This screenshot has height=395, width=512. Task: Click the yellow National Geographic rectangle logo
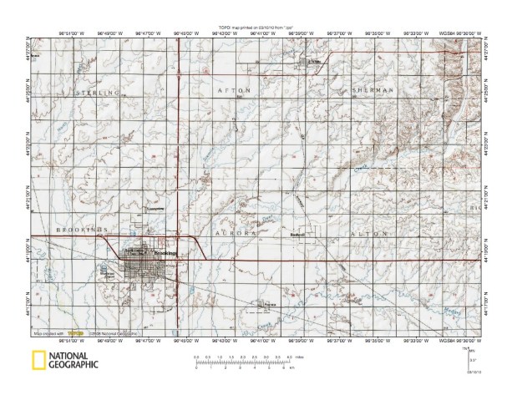38,361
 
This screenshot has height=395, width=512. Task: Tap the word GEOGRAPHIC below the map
73,365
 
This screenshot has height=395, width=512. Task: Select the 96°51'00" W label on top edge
74,34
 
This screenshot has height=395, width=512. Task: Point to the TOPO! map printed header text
255,28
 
